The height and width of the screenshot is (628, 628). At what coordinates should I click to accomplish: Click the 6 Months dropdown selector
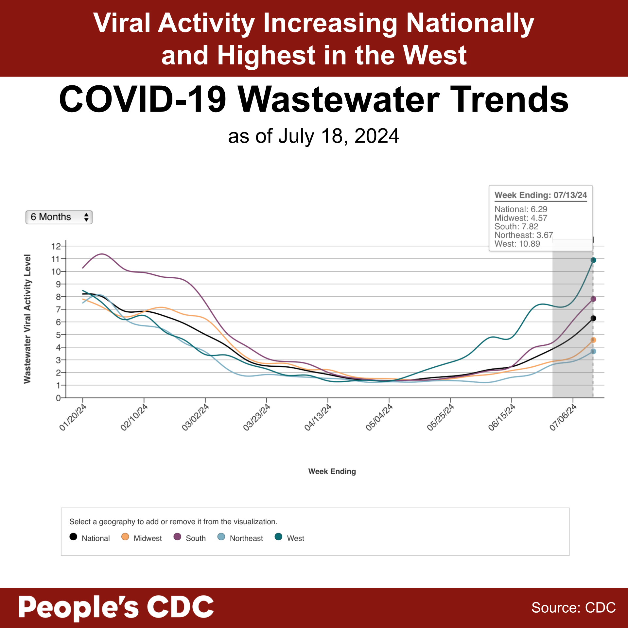point(59,217)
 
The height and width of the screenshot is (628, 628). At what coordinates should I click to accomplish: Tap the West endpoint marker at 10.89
point(593,260)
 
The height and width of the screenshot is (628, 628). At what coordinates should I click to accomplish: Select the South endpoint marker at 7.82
point(593,299)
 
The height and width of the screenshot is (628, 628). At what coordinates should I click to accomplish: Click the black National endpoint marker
point(593,318)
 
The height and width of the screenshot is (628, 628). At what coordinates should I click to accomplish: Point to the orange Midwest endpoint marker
point(593,340)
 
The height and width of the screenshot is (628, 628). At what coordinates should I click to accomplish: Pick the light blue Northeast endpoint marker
point(593,352)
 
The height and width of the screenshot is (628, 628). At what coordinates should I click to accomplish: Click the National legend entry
point(90,538)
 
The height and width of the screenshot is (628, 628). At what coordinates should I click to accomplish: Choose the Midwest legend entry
point(142,538)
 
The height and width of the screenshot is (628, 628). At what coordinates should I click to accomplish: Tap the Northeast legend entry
point(240,538)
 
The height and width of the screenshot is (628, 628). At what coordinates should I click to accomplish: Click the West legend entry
point(289,538)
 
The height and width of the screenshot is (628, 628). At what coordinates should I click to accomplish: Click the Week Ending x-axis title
point(332,471)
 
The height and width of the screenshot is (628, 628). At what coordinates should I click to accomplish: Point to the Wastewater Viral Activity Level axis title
point(27,319)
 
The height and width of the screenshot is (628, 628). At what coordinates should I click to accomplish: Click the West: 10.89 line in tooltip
point(517,244)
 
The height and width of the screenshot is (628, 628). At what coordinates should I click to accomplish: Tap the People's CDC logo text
point(116,607)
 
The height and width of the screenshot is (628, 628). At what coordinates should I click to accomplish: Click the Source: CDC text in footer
point(573,608)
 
